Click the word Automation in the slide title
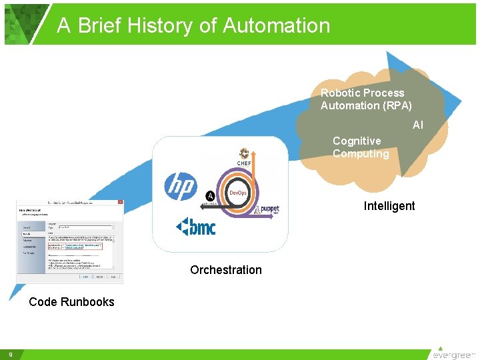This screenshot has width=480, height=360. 276,25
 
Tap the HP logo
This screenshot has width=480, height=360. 181,185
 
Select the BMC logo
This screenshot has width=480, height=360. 196,227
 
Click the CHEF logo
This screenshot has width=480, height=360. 243,158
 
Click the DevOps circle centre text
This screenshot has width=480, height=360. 238,193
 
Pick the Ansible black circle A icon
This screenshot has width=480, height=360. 211,195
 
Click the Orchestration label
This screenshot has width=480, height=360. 226,270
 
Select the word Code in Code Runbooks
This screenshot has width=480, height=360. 43,302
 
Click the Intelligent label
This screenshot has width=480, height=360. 389,206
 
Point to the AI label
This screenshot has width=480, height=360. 418,125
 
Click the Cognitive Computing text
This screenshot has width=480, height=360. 361,147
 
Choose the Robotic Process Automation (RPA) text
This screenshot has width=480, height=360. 366,99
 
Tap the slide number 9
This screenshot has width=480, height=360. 11,354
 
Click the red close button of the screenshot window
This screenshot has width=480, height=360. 119,202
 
